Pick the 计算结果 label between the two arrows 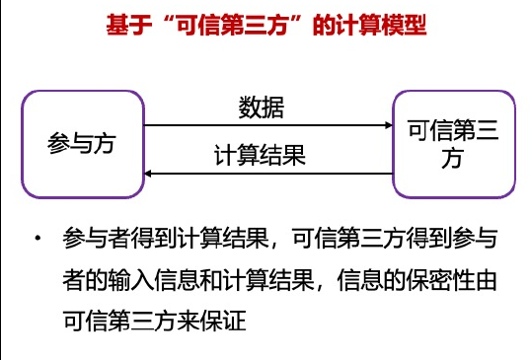click(260, 156)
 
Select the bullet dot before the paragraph click(37, 241)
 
